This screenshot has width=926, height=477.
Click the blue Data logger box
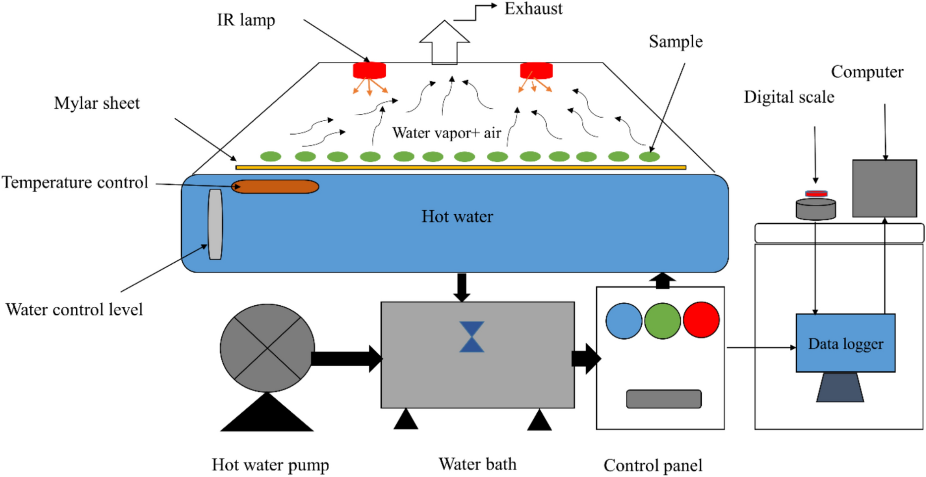point(845,343)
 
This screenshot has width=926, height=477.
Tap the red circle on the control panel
point(701,320)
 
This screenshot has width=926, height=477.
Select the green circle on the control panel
point(663,321)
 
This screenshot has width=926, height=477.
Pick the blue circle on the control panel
point(624,321)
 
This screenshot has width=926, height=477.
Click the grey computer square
point(884,188)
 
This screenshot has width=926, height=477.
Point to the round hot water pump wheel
point(267,348)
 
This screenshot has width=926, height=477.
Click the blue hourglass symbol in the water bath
point(471,337)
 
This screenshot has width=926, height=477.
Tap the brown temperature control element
point(275,187)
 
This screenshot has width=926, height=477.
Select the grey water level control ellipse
point(215,224)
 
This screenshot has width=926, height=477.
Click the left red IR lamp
point(369,70)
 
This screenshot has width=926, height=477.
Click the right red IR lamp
point(536,70)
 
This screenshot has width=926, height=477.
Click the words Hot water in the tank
point(457,216)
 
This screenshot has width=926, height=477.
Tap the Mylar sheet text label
point(97,103)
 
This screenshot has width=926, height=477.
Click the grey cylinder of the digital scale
point(816,209)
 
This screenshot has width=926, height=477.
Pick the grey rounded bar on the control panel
point(664,399)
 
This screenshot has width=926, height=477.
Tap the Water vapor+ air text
point(446,133)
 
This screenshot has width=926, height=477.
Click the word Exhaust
point(533,8)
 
